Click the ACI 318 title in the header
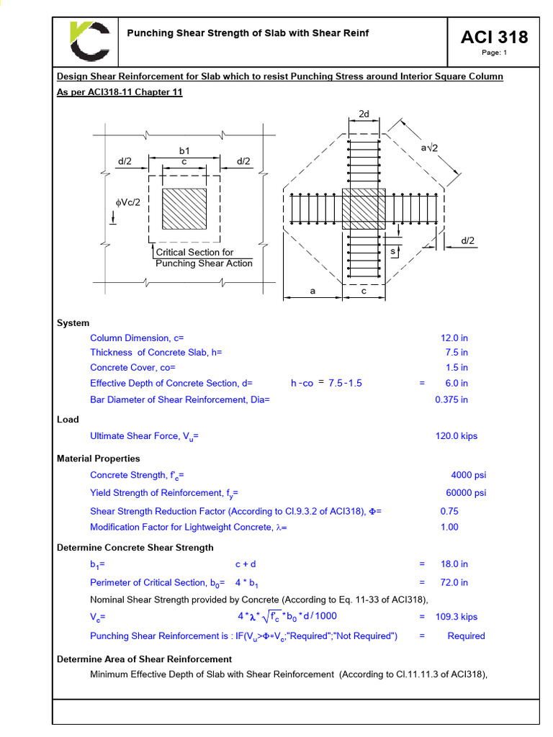point(494,37)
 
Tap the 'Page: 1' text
point(494,53)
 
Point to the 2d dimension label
point(364,114)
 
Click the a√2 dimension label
point(431,147)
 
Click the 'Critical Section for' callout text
point(195,253)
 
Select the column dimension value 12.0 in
point(454,338)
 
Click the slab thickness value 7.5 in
point(457,353)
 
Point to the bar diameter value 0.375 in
point(451,399)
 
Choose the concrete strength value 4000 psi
point(468,475)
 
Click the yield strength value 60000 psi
point(466,493)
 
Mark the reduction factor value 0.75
point(449,511)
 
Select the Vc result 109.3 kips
point(459,617)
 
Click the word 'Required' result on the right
point(466,636)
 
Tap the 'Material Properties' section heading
point(99,458)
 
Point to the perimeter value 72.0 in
point(454,583)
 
